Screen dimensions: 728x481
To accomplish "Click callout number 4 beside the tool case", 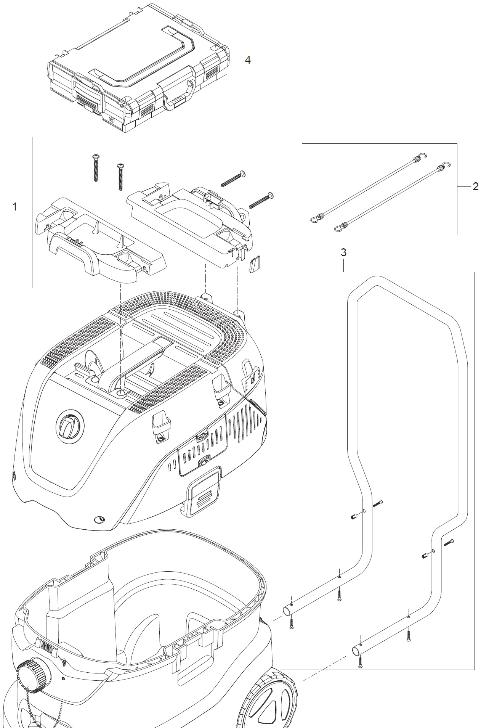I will (248, 60).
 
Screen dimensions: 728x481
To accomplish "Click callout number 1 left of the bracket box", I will (15, 207).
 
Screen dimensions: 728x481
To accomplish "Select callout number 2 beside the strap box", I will (475, 186).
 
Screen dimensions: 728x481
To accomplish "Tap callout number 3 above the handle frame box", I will (343, 252).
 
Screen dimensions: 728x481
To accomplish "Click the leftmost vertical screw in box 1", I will (95, 167).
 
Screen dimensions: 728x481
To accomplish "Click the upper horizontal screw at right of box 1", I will (232, 179).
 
